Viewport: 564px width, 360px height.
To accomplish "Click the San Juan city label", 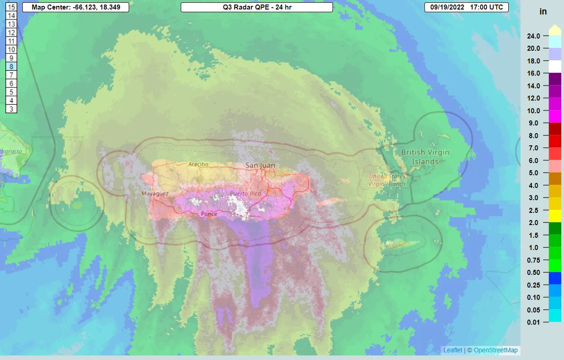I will [260, 166].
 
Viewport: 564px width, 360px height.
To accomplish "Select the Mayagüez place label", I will [155, 193].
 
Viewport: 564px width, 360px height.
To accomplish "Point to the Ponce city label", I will [209, 214].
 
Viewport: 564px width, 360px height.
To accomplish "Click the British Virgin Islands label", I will [425, 157].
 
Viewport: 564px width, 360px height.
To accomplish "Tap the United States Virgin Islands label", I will [387, 180].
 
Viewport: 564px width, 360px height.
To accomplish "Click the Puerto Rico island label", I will [245, 194].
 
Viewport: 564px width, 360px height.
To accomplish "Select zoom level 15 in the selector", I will [11, 7].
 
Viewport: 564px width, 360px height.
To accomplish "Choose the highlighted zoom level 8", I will [11, 67].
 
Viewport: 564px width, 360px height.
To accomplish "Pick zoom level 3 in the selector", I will [11, 109].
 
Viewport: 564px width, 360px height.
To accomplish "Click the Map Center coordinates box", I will [75, 8].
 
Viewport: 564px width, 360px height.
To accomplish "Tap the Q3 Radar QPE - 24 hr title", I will [256, 8].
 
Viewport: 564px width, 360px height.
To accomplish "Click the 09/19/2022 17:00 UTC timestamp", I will [466, 8].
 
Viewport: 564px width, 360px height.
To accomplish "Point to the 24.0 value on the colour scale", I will [533, 36].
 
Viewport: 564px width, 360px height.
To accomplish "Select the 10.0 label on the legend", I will [533, 110].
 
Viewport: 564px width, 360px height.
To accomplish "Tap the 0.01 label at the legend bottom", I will [533, 322].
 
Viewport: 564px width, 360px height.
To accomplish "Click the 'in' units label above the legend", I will [543, 12].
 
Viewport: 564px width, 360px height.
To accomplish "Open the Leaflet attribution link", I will [453, 350].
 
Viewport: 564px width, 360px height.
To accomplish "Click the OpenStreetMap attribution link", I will [496, 350].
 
